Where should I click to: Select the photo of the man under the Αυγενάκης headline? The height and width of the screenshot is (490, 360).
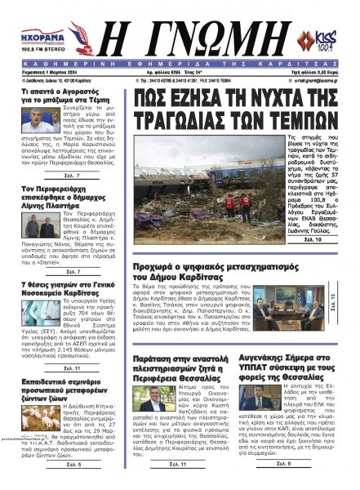[x=267, y=401]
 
